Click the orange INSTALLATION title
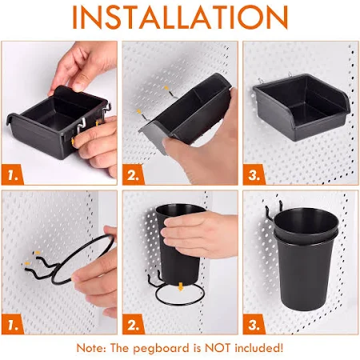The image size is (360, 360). [180, 17]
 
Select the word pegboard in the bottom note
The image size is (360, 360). [161, 349]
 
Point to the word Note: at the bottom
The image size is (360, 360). [91, 348]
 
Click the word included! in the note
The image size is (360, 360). [259, 348]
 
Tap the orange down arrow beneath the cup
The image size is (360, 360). [181, 286]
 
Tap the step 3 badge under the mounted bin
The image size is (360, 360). [254, 175]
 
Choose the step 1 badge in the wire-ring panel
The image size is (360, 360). [13, 324]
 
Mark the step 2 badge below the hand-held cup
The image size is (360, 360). [134, 324]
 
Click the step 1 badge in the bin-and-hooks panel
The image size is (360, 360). [13, 175]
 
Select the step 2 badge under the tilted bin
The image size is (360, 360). [134, 175]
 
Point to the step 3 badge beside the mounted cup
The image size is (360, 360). [254, 324]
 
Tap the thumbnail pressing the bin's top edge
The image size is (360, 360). [78, 87]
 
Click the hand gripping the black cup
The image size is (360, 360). [200, 234]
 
